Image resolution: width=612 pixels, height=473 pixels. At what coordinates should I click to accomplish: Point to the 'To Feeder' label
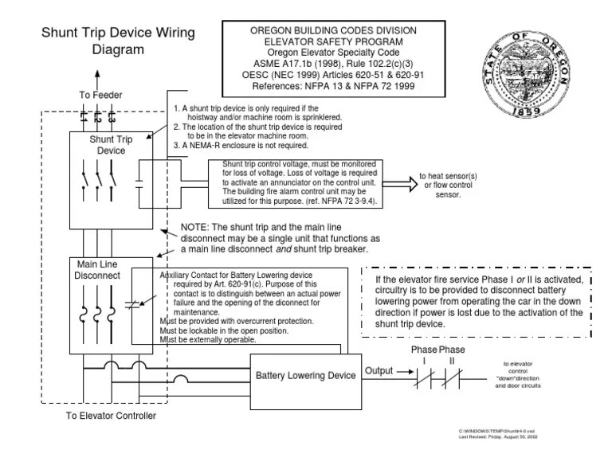click(100, 95)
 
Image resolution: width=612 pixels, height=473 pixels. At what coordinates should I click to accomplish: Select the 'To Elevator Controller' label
click(112, 416)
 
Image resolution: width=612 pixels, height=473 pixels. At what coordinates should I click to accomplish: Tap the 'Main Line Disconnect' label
click(97, 270)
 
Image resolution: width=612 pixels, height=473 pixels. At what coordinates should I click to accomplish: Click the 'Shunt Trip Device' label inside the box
click(112, 145)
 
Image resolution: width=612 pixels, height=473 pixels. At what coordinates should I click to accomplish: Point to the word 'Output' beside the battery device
click(379, 371)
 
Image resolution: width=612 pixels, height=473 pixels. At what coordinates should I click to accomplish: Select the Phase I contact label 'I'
click(424, 361)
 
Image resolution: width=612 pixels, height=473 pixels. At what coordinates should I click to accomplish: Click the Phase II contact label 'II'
click(451, 361)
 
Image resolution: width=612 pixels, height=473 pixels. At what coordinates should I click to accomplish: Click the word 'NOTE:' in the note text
click(197, 226)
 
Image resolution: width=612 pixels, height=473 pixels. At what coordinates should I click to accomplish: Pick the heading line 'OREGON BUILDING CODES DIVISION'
click(333, 30)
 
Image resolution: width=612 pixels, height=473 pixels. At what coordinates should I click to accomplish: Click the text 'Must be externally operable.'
click(208, 340)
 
